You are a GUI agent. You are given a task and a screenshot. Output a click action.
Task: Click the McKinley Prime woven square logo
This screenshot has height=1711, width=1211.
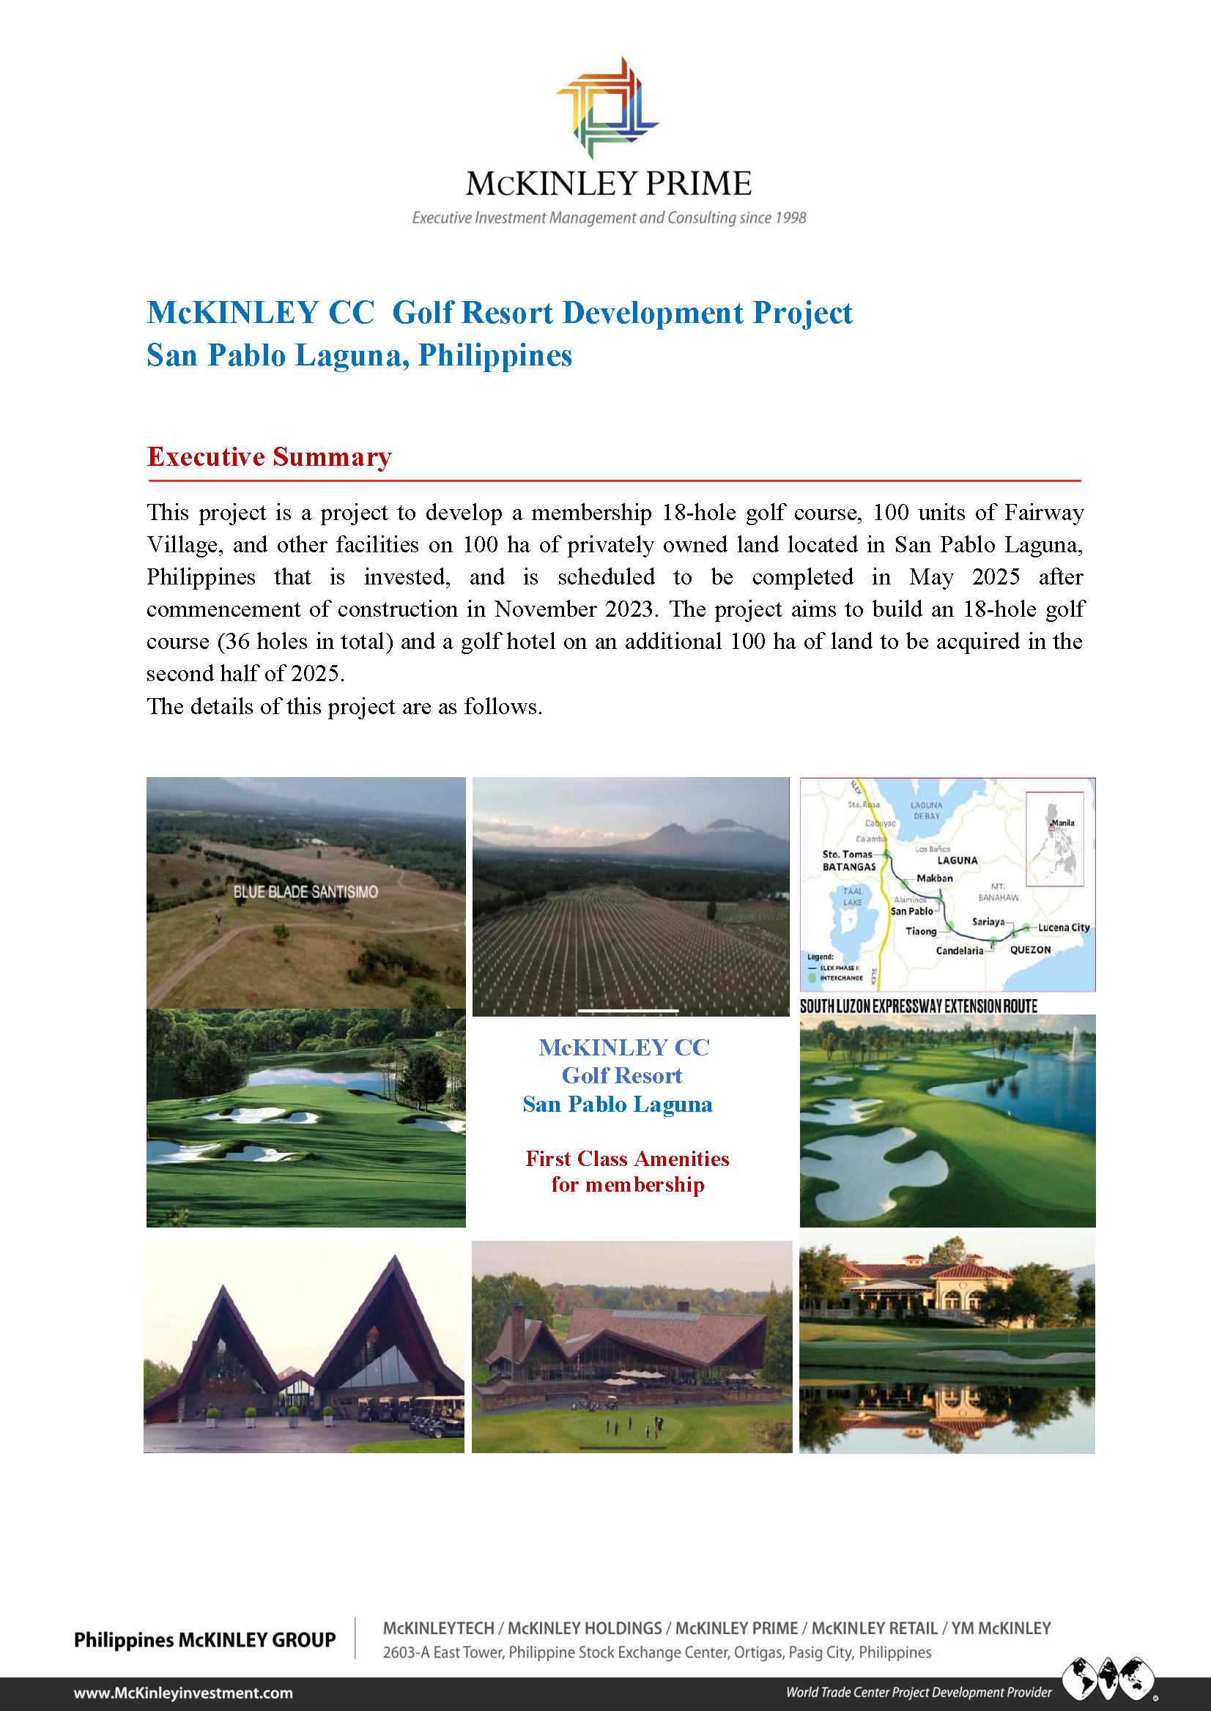(x=607, y=108)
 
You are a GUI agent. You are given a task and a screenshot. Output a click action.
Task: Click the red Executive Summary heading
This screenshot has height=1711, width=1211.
(x=269, y=456)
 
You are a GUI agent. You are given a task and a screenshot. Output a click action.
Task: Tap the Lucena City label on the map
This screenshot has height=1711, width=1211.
(x=1063, y=927)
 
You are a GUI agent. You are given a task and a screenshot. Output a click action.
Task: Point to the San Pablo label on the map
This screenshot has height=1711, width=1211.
(x=911, y=911)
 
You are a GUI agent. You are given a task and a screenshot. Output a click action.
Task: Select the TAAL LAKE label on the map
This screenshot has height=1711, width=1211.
(x=852, y=897)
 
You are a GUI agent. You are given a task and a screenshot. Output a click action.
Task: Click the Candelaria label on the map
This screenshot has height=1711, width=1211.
(x=959, y=951)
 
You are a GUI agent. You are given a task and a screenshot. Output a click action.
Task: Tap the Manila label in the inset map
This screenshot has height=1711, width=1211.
(x=1062, y=823)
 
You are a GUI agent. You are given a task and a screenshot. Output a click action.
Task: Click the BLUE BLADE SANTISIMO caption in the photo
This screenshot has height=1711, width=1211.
(x=305, y=891)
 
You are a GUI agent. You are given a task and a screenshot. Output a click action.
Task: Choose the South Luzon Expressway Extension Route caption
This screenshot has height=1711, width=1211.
(x=918, y=1006)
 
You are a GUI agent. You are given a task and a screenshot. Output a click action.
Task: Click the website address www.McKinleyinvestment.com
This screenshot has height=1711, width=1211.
(x=182, y=1693)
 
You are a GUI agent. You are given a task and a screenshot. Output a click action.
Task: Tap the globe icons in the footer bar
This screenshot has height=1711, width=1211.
(x=1108, y=1677)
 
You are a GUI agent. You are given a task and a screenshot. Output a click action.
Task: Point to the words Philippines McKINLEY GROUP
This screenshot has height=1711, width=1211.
(x=204, y=1639)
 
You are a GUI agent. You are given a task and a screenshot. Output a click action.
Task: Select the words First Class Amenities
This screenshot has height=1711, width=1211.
(x=627, y=1159)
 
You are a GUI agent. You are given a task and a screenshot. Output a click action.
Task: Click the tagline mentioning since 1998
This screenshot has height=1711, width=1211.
(x=609, y=218)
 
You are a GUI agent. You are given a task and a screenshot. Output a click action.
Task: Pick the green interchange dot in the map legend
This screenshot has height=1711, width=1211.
(x=812, y=977)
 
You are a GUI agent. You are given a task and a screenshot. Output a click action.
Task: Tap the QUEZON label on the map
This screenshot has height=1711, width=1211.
(x=1030, y=950)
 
